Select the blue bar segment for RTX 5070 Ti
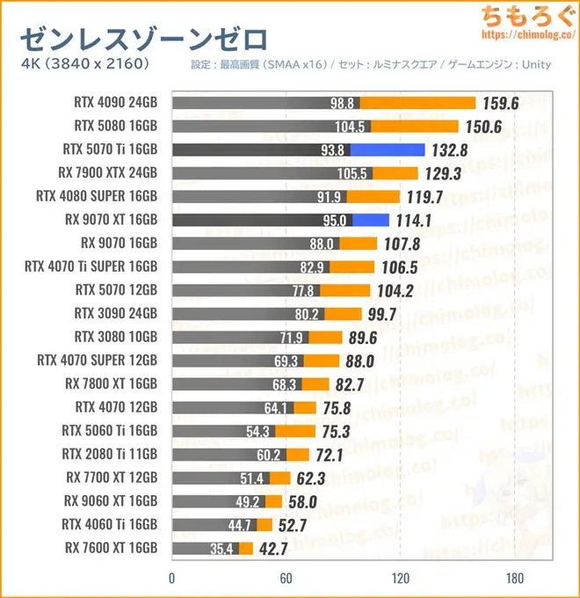[x=388, y=149]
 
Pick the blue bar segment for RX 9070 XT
[x=372, y=220]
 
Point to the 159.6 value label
[x=502, y=103]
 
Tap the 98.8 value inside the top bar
[x=342, y=104]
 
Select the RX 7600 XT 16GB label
[x=111, y=548]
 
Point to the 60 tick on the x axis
[x=286, y=578]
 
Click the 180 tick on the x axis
[x=515, y=578]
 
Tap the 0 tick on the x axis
[x=172, y=578]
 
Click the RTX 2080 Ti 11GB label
[x=110, y=454]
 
